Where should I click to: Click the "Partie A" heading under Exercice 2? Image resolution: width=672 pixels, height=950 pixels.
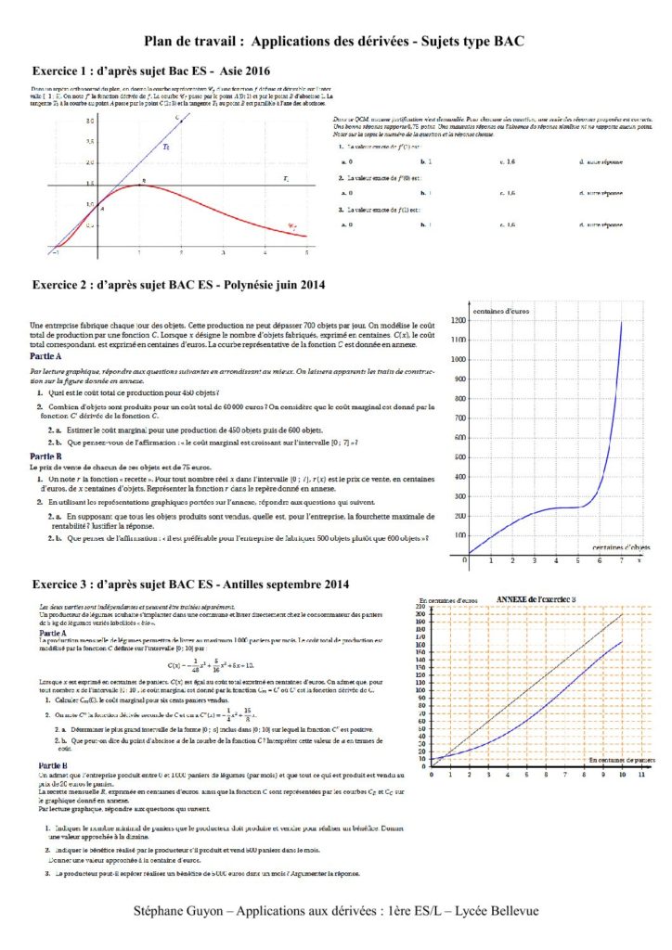46,356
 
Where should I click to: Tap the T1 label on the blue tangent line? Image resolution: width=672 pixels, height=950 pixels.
166,147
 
